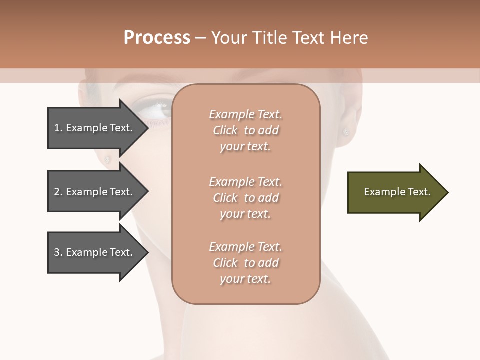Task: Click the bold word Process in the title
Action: (157, 38)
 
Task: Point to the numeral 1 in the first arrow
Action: (57, 128)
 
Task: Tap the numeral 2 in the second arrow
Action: (57, 192)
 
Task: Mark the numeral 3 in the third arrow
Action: (57, 252)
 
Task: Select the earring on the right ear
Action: (345, 132)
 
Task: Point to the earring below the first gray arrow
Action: (107, 160)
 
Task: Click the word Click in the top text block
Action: (225, 130)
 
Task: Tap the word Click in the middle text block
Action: (225, 198)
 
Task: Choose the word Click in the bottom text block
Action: (225, 263)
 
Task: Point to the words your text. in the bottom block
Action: (245, 279)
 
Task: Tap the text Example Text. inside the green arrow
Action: (397, 192)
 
